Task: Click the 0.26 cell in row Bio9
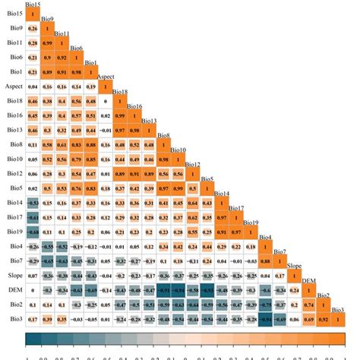tap(33, 28)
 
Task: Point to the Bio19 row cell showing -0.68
tap(33, 232)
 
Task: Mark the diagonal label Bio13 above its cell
tap(149, 121)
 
